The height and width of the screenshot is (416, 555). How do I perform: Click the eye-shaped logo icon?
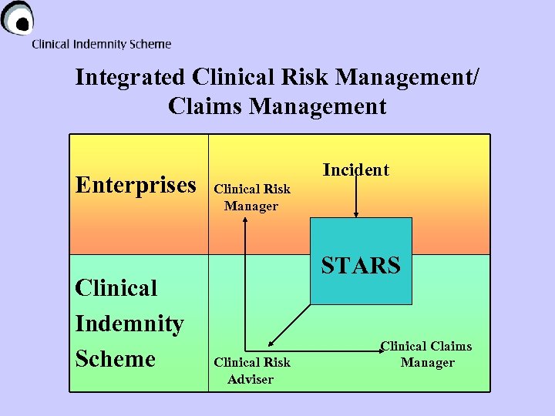[18, 17]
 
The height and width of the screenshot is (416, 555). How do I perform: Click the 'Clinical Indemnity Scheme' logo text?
[101, 45]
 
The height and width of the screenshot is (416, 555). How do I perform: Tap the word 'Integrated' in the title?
[129, 78]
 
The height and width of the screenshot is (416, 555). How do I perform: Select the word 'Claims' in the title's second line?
[204, 106]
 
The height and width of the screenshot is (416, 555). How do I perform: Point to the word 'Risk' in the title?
[306, 78]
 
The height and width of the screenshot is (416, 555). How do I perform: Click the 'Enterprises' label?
[136, 185]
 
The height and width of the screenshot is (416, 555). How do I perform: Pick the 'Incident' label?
[355, 169]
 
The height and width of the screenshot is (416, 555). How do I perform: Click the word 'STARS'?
[361, 266]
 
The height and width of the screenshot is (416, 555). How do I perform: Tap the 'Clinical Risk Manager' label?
[251, 197]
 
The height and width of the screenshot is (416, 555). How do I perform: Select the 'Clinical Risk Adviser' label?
[251, 371]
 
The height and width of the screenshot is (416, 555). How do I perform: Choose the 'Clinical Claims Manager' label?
[426, 354]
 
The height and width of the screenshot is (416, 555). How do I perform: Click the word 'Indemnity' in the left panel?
[129, 324]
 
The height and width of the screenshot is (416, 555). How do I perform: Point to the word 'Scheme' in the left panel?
[116, 359]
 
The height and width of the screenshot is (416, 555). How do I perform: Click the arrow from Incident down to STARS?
[355, 196]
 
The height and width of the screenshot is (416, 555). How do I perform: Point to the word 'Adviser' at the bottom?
[251, 378]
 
